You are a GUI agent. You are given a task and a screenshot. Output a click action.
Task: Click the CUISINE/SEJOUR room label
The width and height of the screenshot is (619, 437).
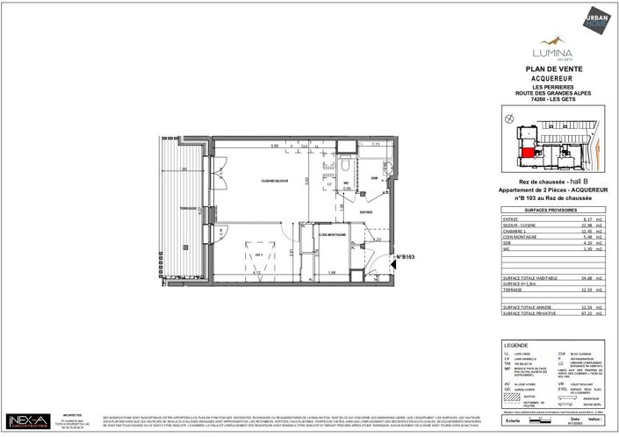[276, 180]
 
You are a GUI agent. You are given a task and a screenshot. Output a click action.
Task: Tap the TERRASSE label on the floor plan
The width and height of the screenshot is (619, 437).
[184, 208]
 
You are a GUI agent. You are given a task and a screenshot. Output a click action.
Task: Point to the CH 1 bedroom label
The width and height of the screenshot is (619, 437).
[259, 254]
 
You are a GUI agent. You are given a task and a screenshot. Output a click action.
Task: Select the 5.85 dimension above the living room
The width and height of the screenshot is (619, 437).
[274, 146]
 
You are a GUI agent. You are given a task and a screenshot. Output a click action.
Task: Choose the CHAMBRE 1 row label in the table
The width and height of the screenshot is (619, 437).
[517, 231]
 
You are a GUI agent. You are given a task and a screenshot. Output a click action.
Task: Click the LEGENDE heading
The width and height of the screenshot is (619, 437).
[517, 345]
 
